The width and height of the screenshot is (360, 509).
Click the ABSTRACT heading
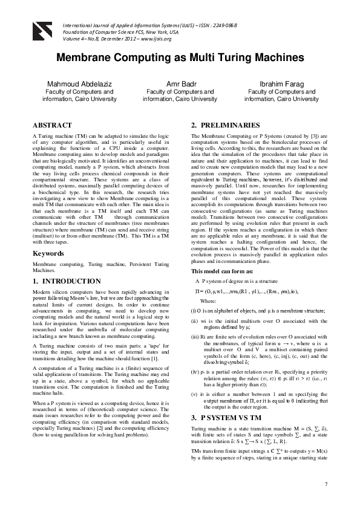52,125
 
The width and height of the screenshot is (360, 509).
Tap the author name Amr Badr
180,83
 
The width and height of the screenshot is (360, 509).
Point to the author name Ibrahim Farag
281,83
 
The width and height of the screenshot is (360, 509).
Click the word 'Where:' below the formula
208,300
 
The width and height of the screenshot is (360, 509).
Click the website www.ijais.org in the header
155,39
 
